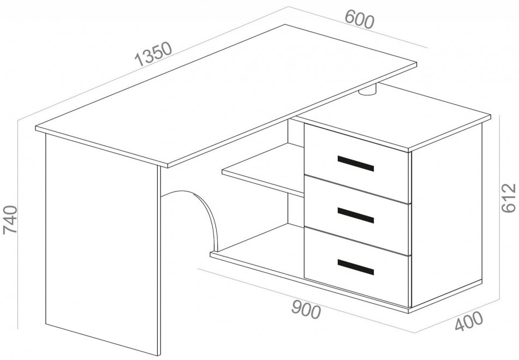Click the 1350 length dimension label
(153, 53)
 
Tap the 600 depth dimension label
(360, 20)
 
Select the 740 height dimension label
(10, 220)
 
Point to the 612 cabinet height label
(509, 197)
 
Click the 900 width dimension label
(306, 310)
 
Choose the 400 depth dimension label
(469, 321)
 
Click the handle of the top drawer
(355, 164)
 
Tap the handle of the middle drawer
(355, 215)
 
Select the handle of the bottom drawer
(355, 267)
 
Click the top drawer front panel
(357, 163)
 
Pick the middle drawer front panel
(357, 215)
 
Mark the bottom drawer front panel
(357, 267)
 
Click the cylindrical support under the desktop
(368, 90)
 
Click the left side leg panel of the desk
(103, 243)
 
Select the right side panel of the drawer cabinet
(446, 215)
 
